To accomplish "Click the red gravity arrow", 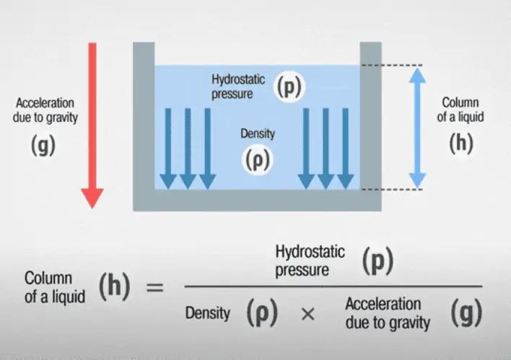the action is click(92, 123).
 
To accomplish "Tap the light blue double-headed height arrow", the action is click(417, 126).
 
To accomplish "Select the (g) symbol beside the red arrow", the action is click(43, 144).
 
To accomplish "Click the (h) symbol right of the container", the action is click(461, 143).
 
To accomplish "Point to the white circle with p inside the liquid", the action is click(289, 87).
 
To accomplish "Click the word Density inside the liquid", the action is click(258, 133).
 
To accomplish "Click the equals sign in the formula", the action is click(155, 288).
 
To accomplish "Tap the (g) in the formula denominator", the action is click(461, 313).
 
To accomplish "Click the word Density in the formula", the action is click(207, 314).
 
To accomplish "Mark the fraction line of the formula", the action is click(332, 286).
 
